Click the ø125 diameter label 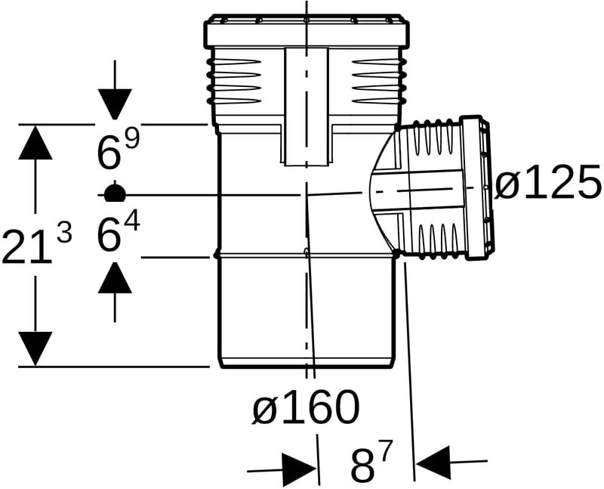pyautogui.click(x=548, y=181)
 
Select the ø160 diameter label pyautogui.click(x=306, y=407)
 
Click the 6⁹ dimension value pyautogui.click(x=119, y=150)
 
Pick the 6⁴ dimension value pyautogui.click(x=119, y=233)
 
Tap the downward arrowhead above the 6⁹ pyautogui.click(x=115, y=104)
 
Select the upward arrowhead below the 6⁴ pyautogui.click(x=115, y=277)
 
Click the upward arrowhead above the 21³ pyautogui.click(x=35, y=142)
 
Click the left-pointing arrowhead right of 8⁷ pyautogui.click(x=433, y=463)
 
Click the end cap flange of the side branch pyautogui.click(x=476, y=187)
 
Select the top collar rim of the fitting pyautogui.click(x=306, y=32)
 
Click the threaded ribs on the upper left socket pyautogui.click(x=234, y=81)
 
